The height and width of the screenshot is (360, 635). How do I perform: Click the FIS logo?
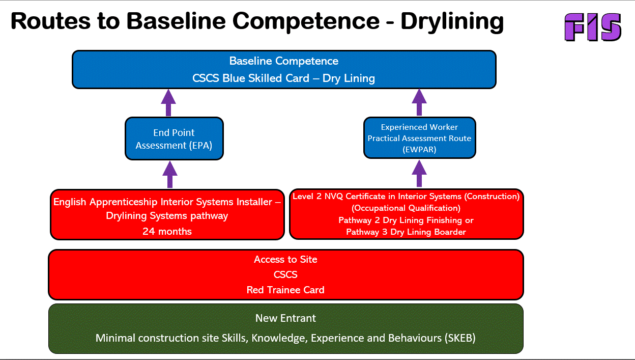point(593,27)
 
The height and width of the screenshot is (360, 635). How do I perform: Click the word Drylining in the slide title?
point(452,21)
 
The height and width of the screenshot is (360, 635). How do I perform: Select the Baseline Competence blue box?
point(284,69)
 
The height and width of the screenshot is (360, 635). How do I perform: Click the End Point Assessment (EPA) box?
point(174,139)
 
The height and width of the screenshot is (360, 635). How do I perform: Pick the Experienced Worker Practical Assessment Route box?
point(419,138)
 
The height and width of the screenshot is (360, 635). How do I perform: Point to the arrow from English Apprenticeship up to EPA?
point(169,175)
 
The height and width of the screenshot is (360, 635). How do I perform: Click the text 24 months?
point(167,231)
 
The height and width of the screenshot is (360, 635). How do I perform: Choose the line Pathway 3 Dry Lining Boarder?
point(406,232)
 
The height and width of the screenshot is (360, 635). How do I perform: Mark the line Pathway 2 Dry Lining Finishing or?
point(406,220)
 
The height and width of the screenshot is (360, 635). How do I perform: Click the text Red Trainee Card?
point(285,290)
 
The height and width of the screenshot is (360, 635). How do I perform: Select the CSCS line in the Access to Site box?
point(285,274)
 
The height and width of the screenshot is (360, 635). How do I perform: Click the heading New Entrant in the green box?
point(285,318)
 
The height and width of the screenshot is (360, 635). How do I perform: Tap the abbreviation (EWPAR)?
point(419,149)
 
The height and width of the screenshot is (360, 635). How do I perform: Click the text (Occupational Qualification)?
point(406,208)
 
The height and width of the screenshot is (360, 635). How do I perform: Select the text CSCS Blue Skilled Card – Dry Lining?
point(284,78)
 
